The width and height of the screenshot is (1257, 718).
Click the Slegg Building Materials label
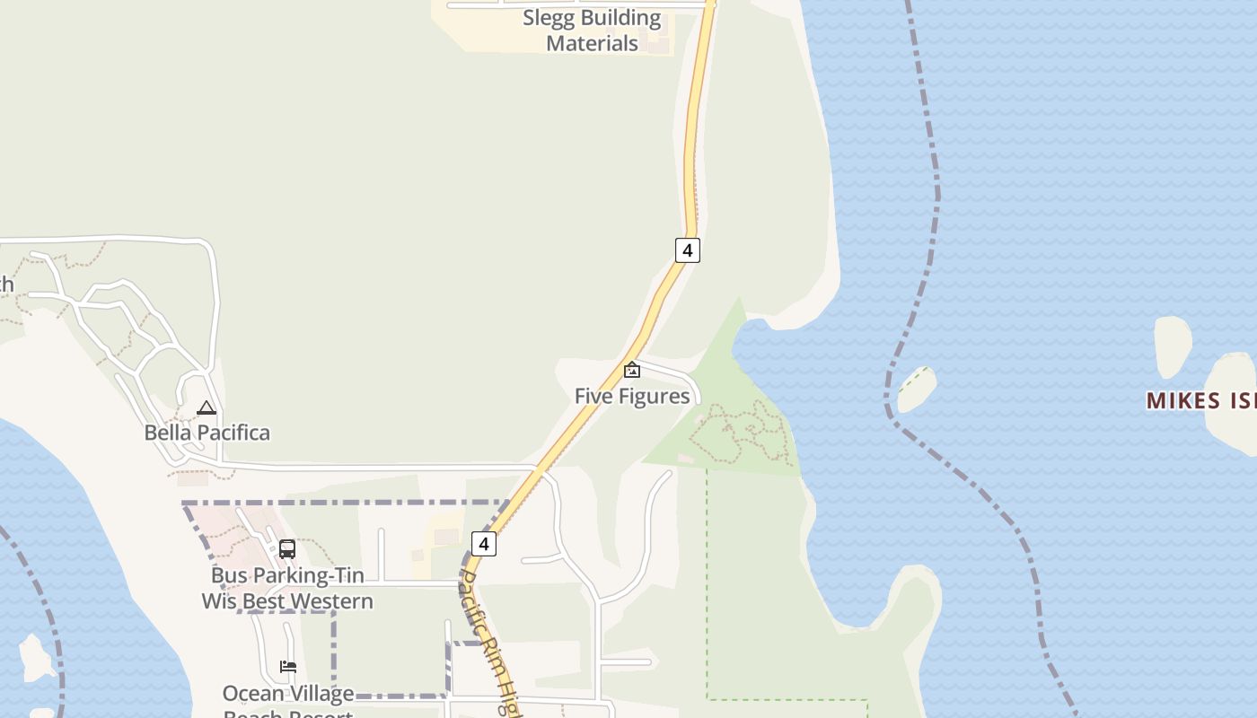point(592,31)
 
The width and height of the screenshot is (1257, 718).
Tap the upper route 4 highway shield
point(687,250)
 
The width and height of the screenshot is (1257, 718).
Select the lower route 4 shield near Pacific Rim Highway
point(483,543)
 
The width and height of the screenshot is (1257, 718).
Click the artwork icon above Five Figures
point(632,369)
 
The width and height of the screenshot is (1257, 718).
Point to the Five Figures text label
point(632,396)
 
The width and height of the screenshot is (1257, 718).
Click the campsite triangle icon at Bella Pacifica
point(207,408)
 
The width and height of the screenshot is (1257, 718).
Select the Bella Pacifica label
point(207,433)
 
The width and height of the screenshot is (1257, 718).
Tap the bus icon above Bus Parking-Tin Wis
point(287,548)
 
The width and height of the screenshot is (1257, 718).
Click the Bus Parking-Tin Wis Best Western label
point(287,588)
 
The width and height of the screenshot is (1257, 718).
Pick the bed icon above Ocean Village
point(288,666)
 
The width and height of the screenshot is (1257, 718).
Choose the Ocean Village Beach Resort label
point(288,699)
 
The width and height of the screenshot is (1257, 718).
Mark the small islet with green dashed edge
point(917,389)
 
